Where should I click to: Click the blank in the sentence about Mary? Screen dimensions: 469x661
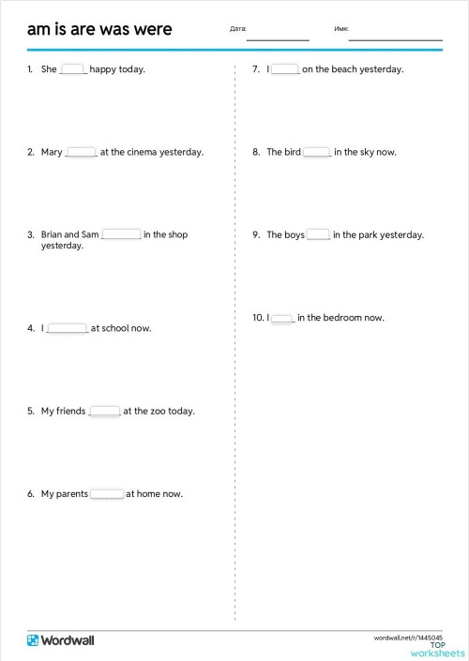click(82, 152)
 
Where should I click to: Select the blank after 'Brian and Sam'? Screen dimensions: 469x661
click(121, 234)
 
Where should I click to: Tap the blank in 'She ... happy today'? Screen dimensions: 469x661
click(73, 68)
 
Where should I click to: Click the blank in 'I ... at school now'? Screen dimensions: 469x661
click(67, 328)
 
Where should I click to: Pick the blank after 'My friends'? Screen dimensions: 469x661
click(104, 411)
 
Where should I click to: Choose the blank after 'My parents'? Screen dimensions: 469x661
click(107, 494)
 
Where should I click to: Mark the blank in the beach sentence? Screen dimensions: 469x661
click(285, 68)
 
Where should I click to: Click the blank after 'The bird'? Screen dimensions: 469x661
click(317, 152)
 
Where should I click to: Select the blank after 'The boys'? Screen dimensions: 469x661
click(318, 235)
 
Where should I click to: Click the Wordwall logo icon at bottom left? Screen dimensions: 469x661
click(34, 639)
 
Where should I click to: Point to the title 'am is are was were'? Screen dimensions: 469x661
click(99, 29)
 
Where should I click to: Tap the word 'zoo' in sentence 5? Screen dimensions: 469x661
click(159, 412)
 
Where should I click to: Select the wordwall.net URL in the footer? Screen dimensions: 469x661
click(408, 637)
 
